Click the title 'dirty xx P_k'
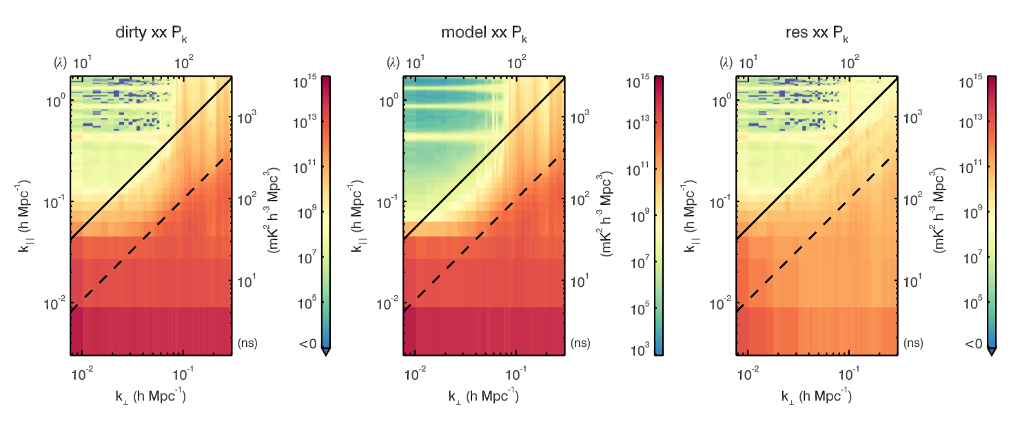[x=152, y=34]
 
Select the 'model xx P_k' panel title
[x=484, y=34]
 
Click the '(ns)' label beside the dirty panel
[x=247, y=342]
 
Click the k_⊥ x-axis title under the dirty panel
[x=152, y=396]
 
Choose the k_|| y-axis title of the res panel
[x=691, y=214]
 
